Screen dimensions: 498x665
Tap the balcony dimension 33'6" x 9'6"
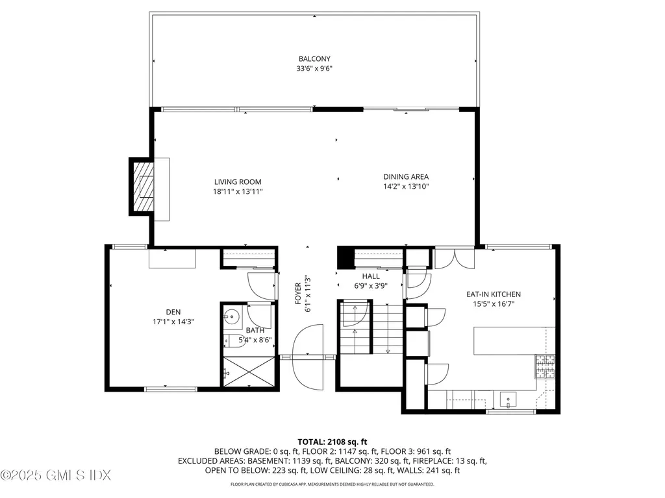pyautogui.click(x=315, y=68)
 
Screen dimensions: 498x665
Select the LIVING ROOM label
pyautogui.click(x=238, y=182)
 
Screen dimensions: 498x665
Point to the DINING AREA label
pyautogui.click(x=406, y=176)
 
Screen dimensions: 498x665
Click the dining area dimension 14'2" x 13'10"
pyautogui.click(x=406, y=186)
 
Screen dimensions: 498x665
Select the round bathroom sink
pyautogui.click(x=231, y=317)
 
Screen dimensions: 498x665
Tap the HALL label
pyautogui.click(x=371, y=276)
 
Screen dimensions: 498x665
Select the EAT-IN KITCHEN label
pyautogui.click(x=494, y=294)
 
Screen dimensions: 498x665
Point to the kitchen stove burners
pyautogui.click(x=544, y=368)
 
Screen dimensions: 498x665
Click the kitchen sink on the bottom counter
pyautogui.click(x=509, y=399)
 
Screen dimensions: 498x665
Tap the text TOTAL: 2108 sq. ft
pyautogui.click(x=332, y=441)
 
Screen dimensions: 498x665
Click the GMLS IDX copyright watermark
pyautogui.click(x=56, y=475)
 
